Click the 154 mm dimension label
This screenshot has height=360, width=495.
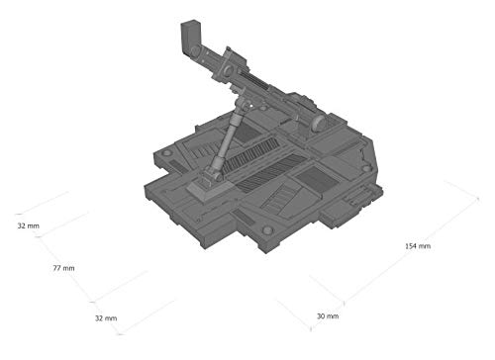(418, 246)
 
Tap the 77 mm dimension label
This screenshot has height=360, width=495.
(63, 268)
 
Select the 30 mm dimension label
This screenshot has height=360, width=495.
(328, 315)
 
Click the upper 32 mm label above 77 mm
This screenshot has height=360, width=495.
(29, 225)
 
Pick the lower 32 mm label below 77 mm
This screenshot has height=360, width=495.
(106, 318)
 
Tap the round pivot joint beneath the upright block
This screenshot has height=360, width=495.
(195, 51)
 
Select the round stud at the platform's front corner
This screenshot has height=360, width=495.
(267, 229)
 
